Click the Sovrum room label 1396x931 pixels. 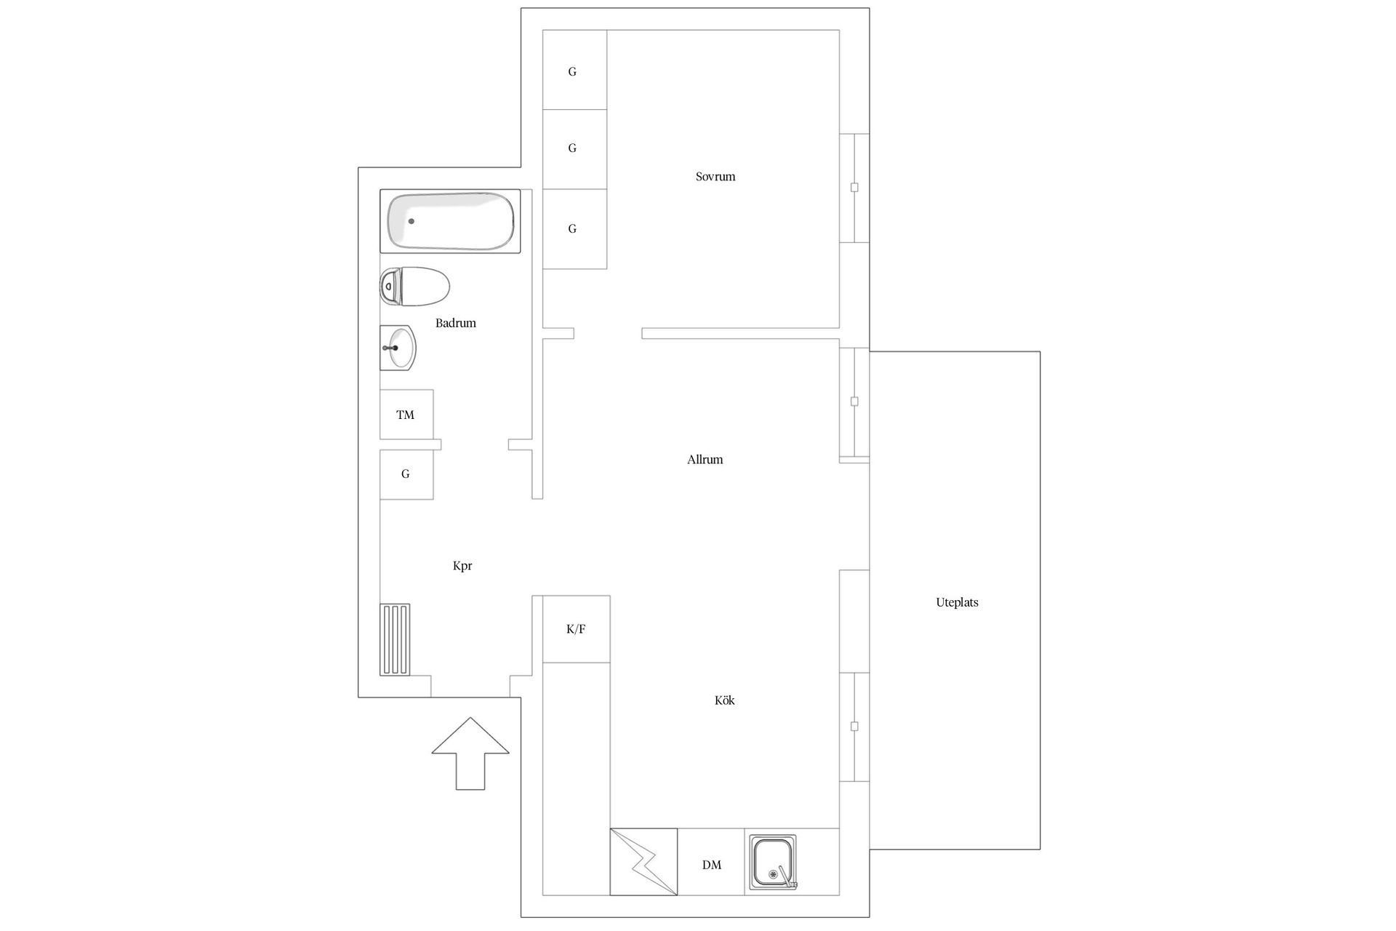coord(715,177)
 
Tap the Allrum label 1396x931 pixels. coord(705,460)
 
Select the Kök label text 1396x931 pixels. coord(724,700)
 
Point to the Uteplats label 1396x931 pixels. coord(957,602)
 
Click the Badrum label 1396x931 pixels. coord(455,323)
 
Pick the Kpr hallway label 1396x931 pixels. coord(462,566)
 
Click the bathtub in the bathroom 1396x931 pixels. coord(450,221)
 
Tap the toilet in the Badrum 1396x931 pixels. coord(414,286)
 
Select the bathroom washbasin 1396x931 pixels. coord(398,348)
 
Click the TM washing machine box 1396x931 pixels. coord(406,415)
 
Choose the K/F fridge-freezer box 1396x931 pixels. coord(576,629)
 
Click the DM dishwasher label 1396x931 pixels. coord(712,865)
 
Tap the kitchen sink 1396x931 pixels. coord(772,862)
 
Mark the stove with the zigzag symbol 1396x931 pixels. coord(643,862)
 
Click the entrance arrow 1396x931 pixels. coord(470,754)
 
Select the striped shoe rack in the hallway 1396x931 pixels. coord(395,639)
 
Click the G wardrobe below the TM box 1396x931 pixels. coord(406,474)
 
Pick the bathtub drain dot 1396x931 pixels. coord(411,221)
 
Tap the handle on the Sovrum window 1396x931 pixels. coord(854,188)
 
